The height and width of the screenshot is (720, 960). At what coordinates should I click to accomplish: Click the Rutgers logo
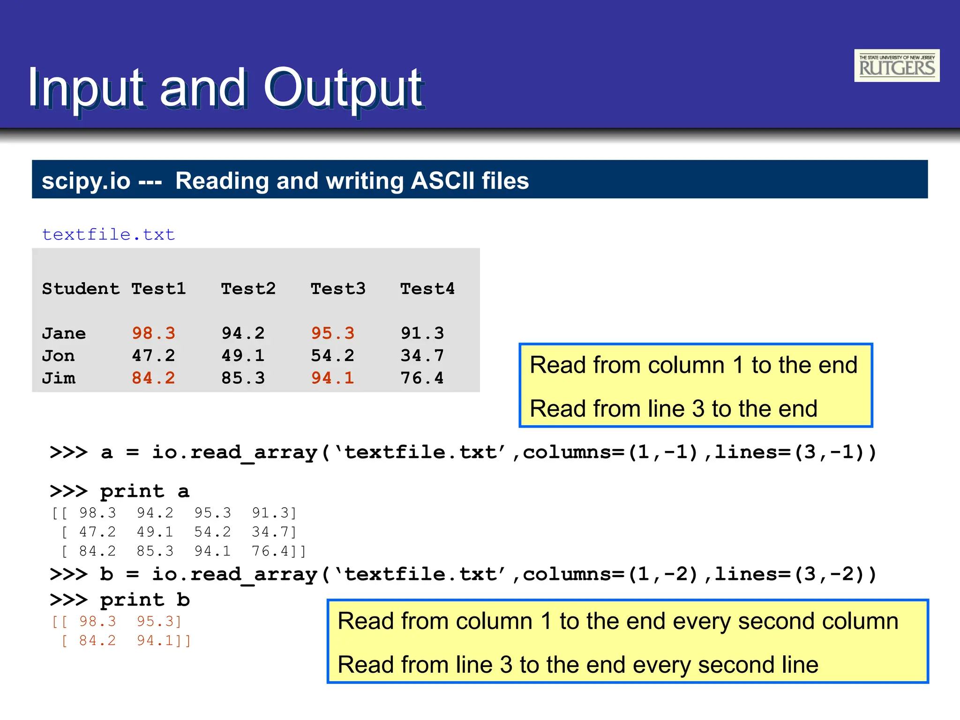896,66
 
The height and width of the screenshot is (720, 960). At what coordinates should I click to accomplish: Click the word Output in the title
344,88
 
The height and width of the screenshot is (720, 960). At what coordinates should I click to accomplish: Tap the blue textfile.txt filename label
108,234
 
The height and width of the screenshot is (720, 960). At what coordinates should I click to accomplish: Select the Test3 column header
338,289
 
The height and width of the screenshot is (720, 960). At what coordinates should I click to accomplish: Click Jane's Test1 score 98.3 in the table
153,333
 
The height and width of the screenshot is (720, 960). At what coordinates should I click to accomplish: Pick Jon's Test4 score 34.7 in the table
422,356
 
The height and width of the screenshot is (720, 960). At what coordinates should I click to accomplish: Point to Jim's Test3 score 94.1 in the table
332,378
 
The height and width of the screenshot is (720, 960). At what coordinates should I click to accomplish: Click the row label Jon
58,356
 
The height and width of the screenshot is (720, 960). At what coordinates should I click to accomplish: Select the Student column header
81,289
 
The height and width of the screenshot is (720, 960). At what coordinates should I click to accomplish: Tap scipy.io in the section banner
86,181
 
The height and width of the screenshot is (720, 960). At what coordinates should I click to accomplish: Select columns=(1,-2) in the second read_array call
610,574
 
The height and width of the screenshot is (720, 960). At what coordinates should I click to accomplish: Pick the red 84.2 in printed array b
97,641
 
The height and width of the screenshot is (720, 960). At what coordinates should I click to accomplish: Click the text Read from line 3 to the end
673,408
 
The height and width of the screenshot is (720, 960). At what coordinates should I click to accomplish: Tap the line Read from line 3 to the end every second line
577,665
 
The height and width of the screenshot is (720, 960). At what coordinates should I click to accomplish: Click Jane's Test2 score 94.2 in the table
243,333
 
